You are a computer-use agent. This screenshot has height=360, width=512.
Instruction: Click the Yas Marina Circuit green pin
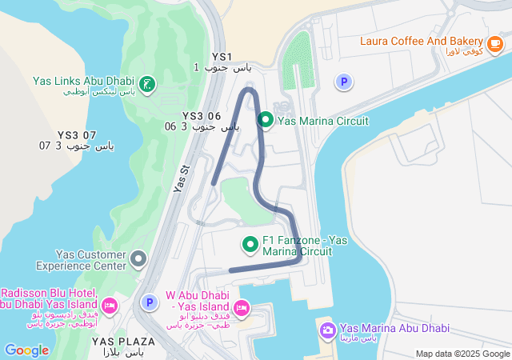266,121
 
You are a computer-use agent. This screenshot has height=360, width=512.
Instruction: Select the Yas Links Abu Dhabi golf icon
147,84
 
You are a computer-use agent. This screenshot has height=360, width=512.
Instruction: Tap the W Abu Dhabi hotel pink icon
242,308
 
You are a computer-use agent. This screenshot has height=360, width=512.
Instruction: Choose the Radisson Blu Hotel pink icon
110,305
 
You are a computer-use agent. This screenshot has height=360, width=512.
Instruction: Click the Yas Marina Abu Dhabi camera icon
327,330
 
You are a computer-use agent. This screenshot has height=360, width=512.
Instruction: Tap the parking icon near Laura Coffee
343,82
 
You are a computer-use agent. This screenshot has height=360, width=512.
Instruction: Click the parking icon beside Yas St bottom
148,302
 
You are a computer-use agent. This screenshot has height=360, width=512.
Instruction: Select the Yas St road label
182,178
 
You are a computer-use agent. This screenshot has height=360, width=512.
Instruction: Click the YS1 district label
222,57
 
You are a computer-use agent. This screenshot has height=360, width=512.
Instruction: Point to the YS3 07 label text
77,135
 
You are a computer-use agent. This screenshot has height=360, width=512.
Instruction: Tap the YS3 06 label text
202,116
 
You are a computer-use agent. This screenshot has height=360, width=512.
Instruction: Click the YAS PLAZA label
123,342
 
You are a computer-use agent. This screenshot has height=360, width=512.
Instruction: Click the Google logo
26,350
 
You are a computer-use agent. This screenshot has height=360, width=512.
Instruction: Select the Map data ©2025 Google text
462,354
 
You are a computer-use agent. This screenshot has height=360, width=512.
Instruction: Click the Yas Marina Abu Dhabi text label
394,328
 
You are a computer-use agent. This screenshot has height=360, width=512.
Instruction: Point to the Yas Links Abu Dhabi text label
84,81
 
